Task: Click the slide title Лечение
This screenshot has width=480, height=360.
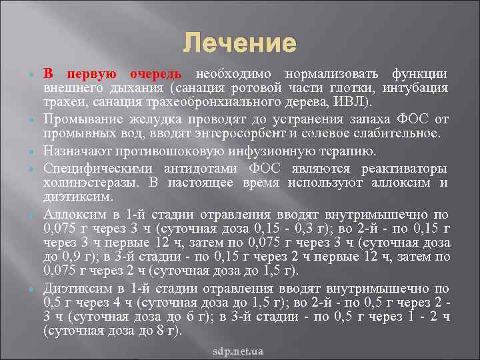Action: [239, 44]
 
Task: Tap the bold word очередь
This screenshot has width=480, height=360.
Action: [159, 74]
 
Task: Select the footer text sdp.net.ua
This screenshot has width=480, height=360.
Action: [239, 350]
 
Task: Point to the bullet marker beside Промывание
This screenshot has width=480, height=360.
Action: [31, 119]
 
